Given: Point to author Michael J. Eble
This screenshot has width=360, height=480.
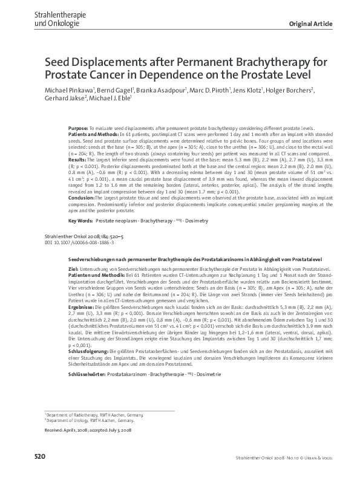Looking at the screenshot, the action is [x=111, y=99].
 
